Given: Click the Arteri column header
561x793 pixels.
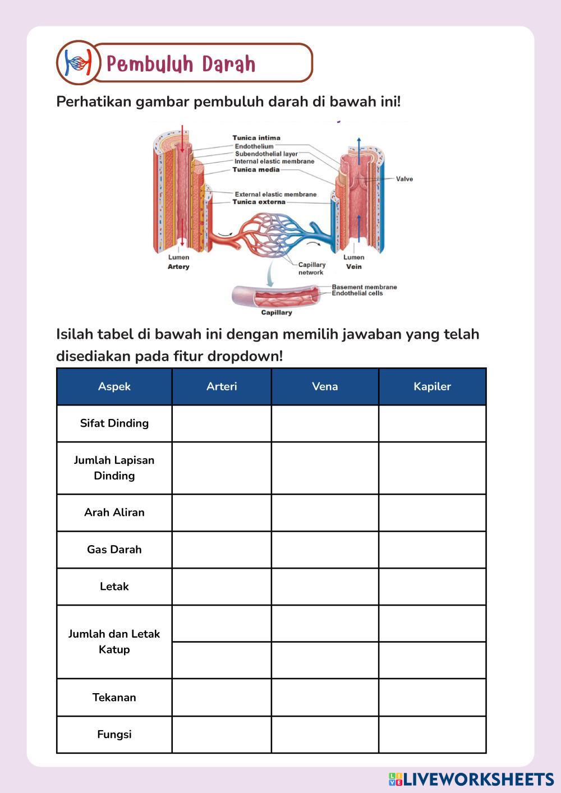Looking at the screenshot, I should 222,386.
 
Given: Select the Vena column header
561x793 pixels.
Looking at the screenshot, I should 325,386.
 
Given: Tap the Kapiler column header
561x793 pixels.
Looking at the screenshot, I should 432,386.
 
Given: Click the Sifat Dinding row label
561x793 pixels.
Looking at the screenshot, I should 114,423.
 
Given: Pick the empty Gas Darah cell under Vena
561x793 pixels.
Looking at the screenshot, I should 325,550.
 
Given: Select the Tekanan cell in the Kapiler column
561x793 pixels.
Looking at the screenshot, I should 432,698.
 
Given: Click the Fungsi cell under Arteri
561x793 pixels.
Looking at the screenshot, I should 222,735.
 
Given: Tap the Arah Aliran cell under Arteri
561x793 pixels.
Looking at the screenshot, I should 222,513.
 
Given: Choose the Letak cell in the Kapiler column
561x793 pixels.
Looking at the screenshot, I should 432,587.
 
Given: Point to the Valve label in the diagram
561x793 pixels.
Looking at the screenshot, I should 404,179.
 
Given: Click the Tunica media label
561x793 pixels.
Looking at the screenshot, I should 256,169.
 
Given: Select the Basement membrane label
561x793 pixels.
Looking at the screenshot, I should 364,287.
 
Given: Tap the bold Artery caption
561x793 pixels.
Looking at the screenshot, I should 178,267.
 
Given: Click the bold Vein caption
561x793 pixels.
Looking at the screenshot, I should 353,267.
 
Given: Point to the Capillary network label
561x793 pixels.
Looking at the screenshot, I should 311,269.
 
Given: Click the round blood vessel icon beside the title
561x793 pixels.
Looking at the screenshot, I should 77,62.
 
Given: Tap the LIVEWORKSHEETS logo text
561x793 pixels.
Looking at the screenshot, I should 478,779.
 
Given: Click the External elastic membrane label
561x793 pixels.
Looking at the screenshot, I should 275,194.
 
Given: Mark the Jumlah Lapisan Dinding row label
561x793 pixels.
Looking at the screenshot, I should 114,468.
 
